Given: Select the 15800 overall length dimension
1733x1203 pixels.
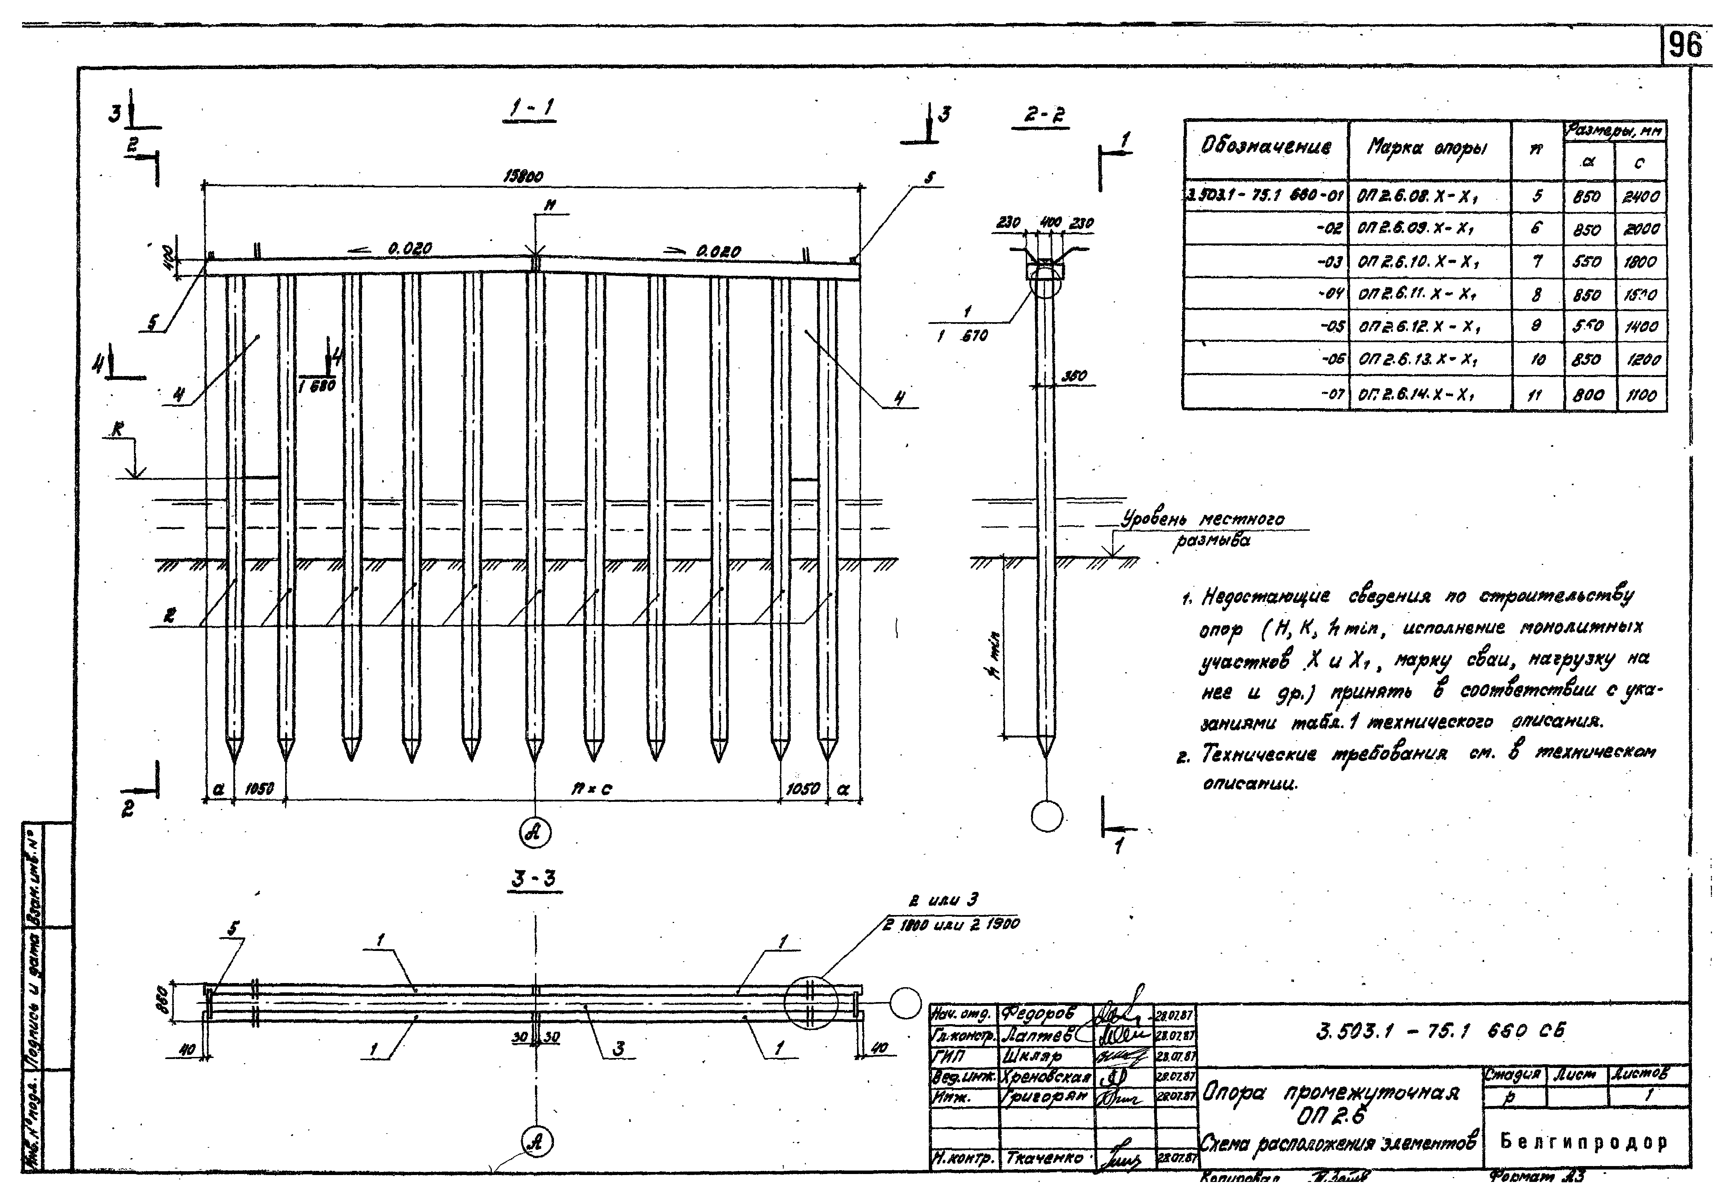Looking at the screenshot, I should click(x=523, y=176).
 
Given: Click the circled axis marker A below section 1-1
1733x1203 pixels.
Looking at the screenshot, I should click(x=535, y=833).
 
